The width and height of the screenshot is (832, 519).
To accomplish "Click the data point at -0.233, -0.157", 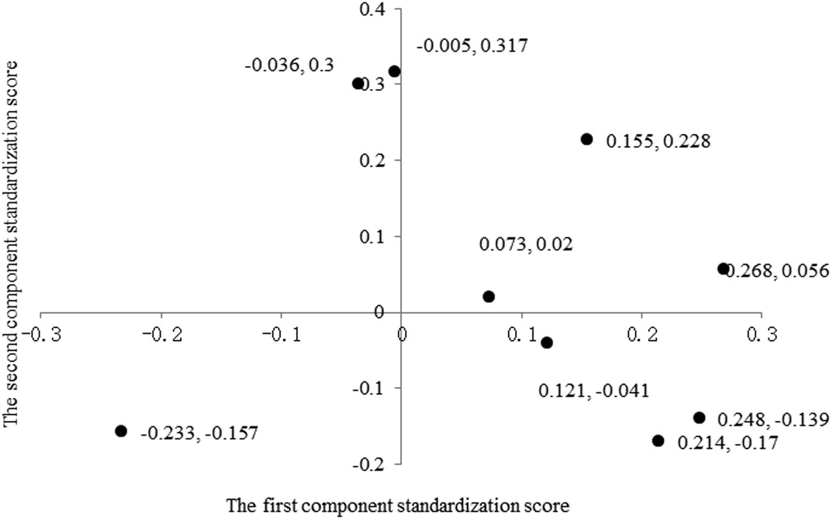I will tap(121, 431).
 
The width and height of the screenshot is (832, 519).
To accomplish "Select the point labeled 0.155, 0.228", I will tap(587, 139).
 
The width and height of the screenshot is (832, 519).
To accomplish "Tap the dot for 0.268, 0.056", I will tap(723, 268).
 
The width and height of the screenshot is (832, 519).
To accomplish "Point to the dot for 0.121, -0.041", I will tap(546, 343).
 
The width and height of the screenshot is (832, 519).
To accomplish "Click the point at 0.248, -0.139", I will tap(699, 417).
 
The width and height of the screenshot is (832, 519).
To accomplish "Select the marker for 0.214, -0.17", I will tap(658, 440).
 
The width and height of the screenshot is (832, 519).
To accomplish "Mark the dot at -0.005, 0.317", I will tap(395, 71).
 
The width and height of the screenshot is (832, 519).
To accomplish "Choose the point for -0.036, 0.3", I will tap(357, 83).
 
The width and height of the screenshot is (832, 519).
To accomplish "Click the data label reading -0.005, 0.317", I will tap(473, 46).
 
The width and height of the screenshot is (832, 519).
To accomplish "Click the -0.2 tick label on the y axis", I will tap(373, 463).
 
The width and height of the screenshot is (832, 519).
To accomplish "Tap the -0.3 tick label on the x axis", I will tap(40, 336).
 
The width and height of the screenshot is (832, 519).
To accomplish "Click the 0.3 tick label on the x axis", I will tap(761, 336).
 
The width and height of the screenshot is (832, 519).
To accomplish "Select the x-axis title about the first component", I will tap(398, 505).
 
